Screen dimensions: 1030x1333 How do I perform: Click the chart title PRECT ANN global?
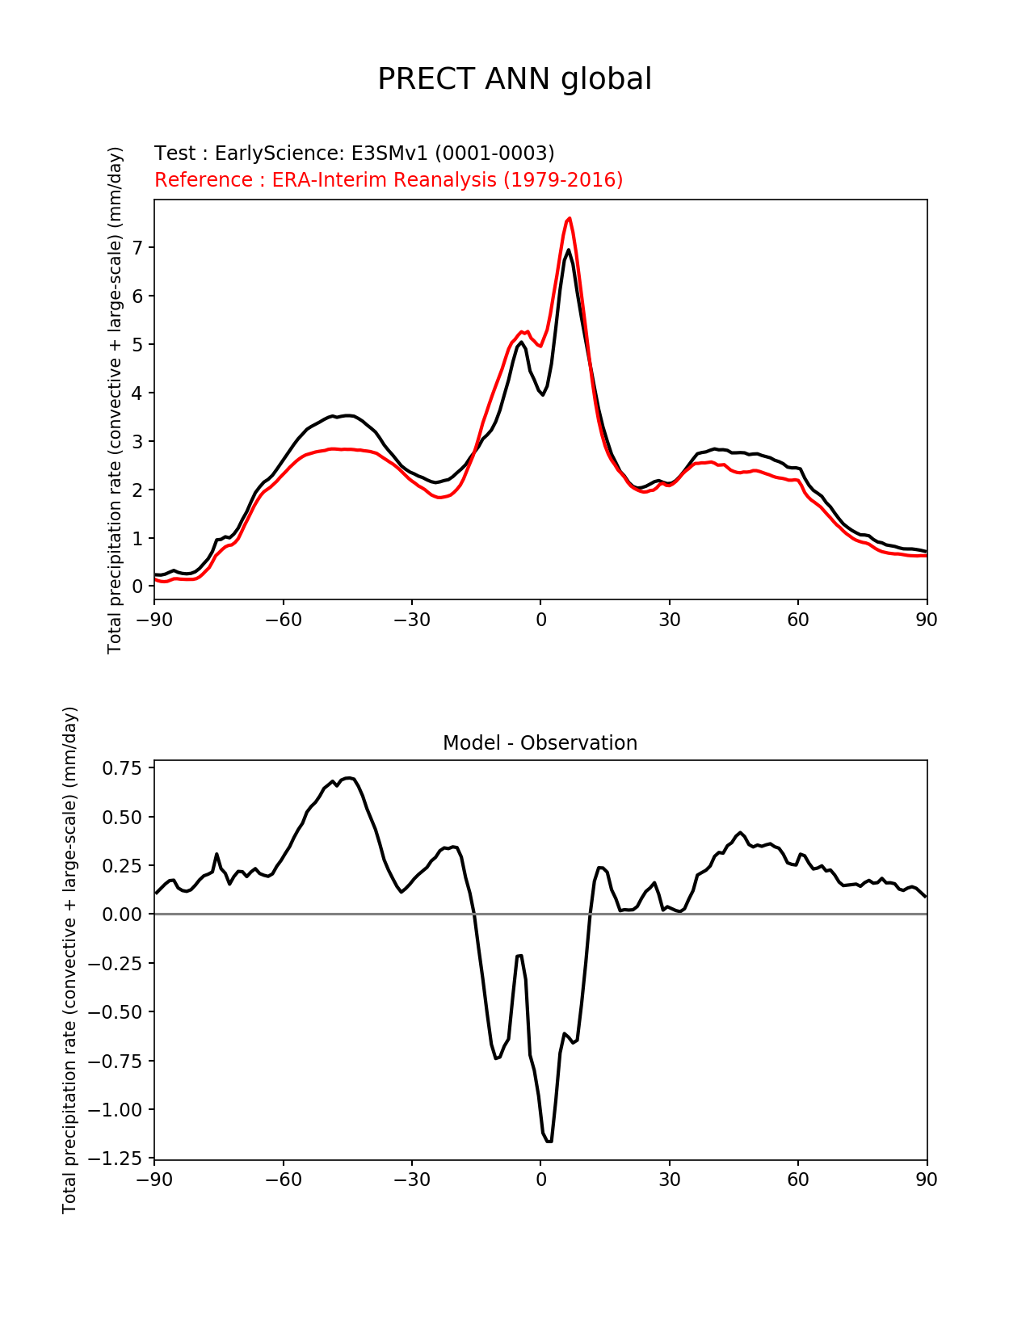[514, 79]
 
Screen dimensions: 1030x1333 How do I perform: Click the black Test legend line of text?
[354, 153]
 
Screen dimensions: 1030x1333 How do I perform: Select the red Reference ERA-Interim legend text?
[389, 179]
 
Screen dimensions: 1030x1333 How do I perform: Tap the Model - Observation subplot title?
[540, 743]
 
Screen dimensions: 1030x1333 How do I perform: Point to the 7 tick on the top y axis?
[137, 248]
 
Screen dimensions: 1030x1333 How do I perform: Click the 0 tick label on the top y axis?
[137, 587]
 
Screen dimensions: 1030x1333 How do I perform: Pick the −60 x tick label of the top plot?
[283, 620]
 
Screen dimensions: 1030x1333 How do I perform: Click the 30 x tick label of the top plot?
[669, 620]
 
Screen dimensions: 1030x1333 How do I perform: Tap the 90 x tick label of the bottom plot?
[927, 1179]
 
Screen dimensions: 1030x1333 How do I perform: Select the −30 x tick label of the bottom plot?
[412, 1179]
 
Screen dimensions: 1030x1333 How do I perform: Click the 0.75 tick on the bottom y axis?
[121, 768]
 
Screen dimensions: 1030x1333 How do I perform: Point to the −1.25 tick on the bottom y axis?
[114, 1158]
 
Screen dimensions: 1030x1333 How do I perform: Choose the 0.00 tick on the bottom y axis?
[121, 914]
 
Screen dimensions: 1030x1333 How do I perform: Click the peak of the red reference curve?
[570, 218]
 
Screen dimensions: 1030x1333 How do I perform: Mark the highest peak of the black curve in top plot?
[569, 250]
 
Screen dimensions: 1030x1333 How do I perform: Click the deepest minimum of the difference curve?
[549, 1142]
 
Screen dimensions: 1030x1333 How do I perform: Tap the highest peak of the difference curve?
[348, 778]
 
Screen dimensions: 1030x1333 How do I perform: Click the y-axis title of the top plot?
[115, 400]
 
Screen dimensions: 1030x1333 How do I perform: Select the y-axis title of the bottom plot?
[69, 960]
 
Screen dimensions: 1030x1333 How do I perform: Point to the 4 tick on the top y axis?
[137, 393]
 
